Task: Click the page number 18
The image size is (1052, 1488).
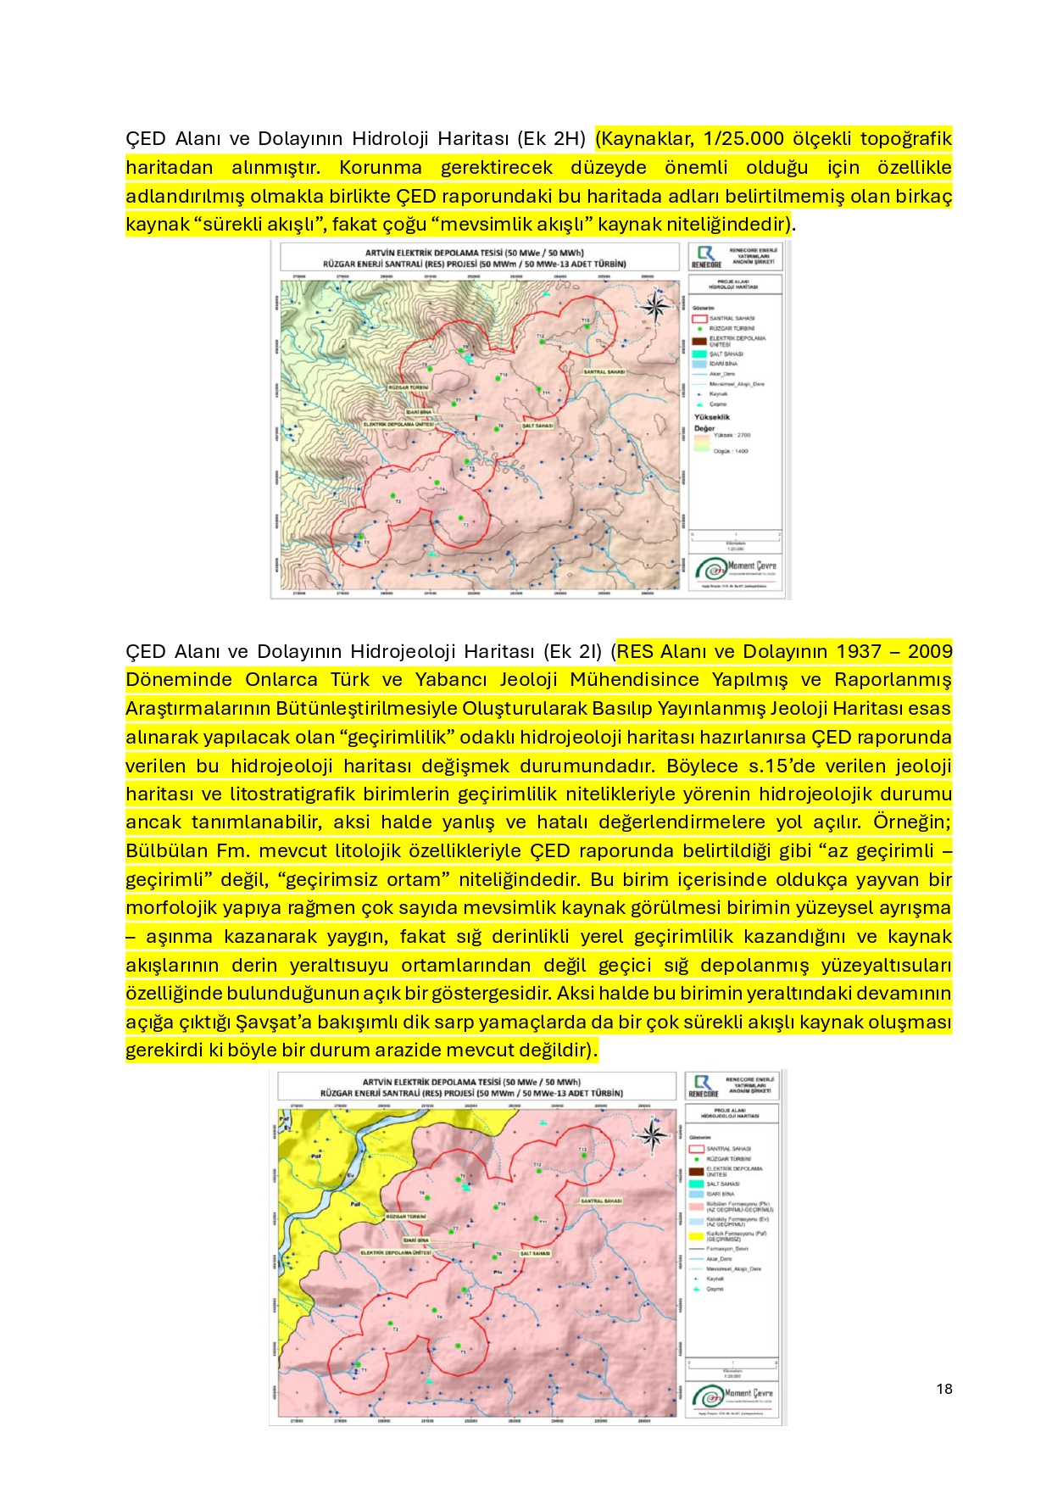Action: click(944, 1389)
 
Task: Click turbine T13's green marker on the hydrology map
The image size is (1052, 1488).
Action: click(586, 326)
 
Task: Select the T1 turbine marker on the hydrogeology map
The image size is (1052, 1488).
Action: click(357, 1366)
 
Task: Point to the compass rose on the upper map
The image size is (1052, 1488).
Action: click(655, 307)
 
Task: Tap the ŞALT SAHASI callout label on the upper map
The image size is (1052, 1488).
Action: click(537, 426)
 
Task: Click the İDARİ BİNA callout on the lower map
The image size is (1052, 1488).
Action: click(415, 1240)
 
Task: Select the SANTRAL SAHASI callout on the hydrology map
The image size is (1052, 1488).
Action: click(604, 372)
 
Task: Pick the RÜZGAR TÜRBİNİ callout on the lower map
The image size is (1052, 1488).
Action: click(405, 1217)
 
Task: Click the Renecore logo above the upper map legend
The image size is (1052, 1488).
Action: click(705, 256)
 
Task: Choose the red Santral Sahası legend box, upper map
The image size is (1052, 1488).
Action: click(699, 319)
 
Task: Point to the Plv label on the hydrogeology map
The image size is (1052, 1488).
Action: click(498, 1272)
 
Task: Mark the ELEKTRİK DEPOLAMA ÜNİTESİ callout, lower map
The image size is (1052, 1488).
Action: click(397, 1252)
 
